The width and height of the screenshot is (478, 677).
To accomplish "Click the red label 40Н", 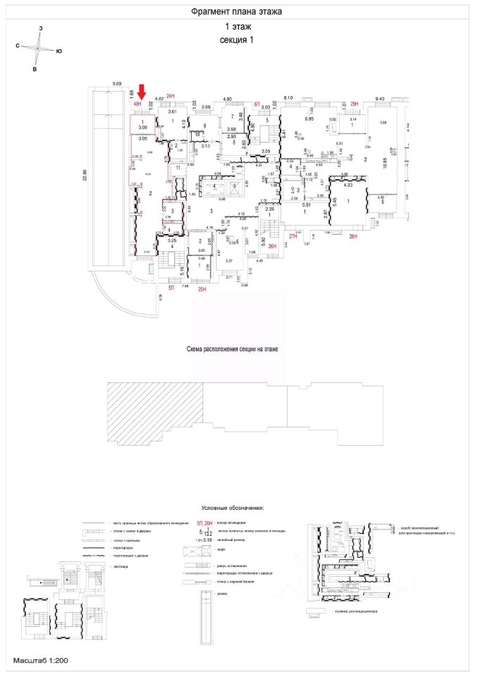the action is click(137, 104).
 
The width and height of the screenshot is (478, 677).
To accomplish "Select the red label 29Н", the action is click(355, 104).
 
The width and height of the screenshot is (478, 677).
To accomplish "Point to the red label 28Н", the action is click(353, 238).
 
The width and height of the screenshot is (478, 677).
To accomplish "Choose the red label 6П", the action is click(257, 104).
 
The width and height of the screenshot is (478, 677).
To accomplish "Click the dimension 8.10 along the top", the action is click(288, 98).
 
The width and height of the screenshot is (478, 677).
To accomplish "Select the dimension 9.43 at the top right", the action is click(380, 99).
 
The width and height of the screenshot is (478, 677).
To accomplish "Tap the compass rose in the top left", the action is click(38, 49).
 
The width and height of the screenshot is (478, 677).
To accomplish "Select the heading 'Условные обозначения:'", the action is click(233, 507).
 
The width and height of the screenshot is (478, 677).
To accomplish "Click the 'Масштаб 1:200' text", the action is click(39, 661).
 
